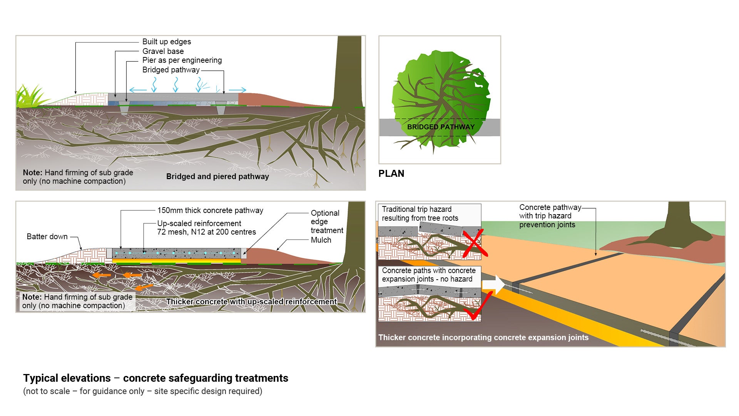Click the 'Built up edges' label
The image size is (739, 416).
[166, 42]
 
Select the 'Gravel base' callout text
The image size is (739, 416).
[163, 51]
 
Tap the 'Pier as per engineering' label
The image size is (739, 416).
[182, 60]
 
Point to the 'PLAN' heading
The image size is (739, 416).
[391, 173]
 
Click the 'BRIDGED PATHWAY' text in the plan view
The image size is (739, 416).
[441, 127]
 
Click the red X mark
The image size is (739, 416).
[474, 244]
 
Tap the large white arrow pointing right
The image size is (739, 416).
[493, 285]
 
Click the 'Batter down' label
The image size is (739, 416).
[47, 237]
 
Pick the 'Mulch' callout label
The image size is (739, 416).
[321, 240]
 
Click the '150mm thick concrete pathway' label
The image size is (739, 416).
[210, 210]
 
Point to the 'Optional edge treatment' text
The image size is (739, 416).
[326, 221]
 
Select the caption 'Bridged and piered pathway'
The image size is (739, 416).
[217, 176]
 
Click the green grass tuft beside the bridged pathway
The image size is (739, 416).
[28, 97]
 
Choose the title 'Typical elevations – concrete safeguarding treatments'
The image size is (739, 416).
[155, 378]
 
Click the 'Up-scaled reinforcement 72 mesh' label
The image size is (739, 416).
[206, 228]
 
